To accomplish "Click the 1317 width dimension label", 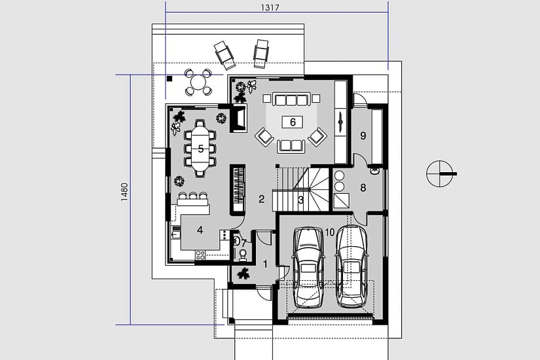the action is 270,8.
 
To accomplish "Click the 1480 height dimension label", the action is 124,192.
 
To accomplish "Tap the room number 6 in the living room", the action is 293,122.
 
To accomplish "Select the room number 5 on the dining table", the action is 201,149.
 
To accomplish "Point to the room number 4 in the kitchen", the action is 200,230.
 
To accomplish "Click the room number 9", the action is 363,135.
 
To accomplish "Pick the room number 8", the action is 363,188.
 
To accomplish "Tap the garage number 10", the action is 330,232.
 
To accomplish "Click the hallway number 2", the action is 261,199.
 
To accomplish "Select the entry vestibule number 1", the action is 265,264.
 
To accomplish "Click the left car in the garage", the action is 308,267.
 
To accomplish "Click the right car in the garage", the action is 352,266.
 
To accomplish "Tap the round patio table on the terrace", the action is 198,82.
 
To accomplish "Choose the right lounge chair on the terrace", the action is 261,53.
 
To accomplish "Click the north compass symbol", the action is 441,173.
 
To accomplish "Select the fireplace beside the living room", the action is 239,118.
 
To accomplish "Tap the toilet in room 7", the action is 243,254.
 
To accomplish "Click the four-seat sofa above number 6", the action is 292,99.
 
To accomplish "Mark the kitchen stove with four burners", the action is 200,255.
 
